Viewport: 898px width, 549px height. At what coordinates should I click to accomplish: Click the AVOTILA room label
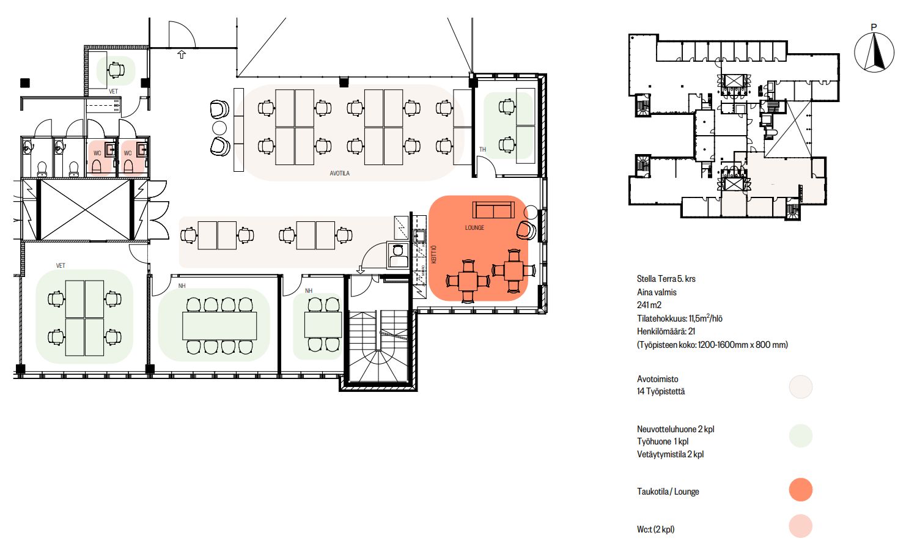(x=339, y=173)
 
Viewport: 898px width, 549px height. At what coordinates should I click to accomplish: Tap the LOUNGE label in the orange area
(x=474, y=228)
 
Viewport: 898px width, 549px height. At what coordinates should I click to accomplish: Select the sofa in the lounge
(x=493, y=210)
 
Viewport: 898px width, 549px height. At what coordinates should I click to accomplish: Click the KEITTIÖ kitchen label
(x=433, y=254)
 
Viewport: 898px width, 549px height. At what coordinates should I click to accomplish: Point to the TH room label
(x=483, y=149)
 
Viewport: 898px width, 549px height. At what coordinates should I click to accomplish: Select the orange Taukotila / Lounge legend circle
(x=801, y=490)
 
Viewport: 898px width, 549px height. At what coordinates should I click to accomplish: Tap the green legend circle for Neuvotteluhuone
(x=801, y=436)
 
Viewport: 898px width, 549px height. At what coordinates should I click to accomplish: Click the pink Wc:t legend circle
(x=801, y=526)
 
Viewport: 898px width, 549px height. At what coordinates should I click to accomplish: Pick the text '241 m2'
(x=649, y=305)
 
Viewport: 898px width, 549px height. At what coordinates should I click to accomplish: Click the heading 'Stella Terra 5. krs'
(x=666, y=279)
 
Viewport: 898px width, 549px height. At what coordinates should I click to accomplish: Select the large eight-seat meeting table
(x=219, y=326)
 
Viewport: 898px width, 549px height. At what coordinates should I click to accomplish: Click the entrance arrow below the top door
(x=182, y=54)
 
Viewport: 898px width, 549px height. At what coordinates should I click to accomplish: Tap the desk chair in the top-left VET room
(x=116, y=70)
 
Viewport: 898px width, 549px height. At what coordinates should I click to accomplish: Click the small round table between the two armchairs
(x=219, y=128)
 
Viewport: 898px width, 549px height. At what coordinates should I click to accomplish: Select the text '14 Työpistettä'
(x=661, y=391)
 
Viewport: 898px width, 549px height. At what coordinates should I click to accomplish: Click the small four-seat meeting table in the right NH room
(x=323, y=325)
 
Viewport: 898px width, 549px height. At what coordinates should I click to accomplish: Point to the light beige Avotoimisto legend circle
(x=801, y=386)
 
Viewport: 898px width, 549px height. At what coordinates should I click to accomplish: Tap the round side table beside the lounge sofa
(x=531, y=212)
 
